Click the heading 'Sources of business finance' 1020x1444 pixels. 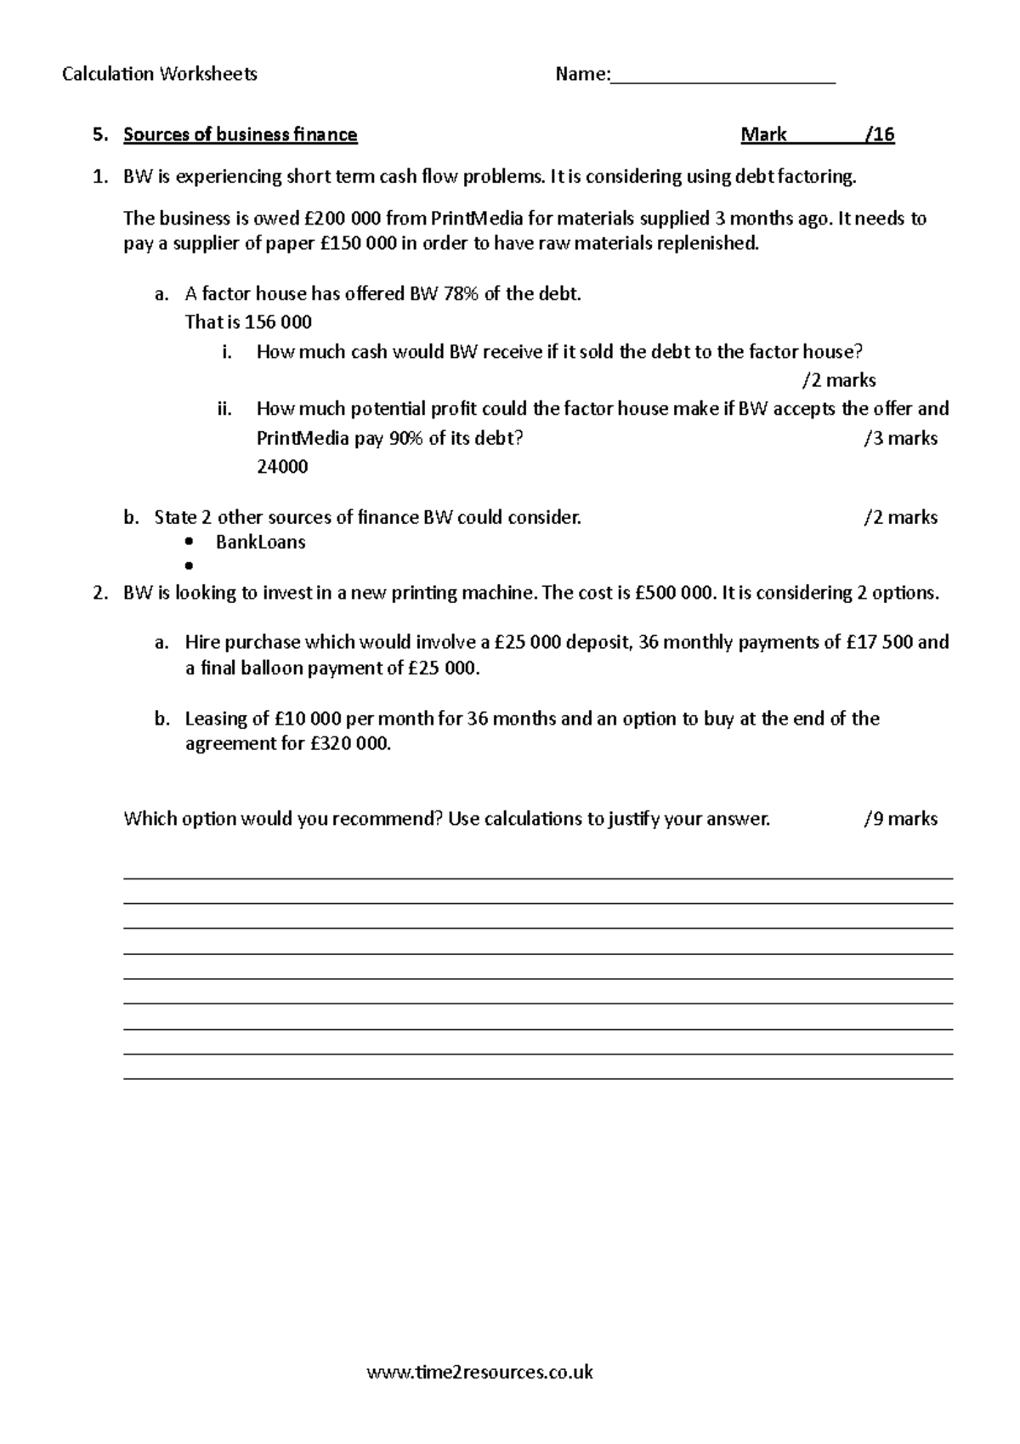(x=241, y=134)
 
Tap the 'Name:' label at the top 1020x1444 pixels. (x=582, y=75)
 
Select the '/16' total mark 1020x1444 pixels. (x=879, y=134)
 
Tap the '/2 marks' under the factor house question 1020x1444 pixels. (x=839, y=380)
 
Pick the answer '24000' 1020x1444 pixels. (x=282, y=467)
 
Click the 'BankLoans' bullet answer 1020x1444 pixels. (x=260, y=543)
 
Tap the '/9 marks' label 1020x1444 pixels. (x=900, y=819)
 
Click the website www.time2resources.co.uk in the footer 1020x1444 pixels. (x=479, y=1372)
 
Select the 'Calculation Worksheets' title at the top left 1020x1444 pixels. (x=160, y=75)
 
